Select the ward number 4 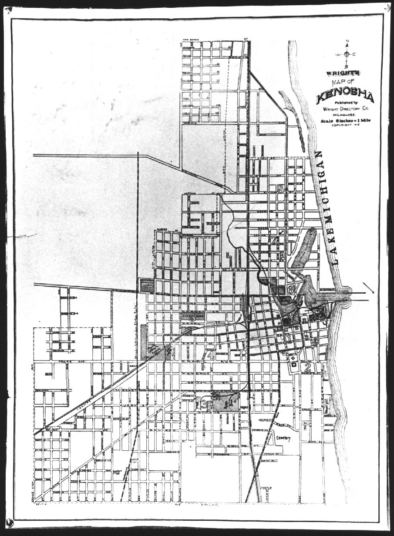tap(211, 355)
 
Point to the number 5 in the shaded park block tap(192, 318)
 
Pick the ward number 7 tap(275, 240)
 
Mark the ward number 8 tap(280, 189)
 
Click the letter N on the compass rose tap(347, 42)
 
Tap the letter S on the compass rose tap(347, 67)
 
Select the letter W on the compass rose tap(337, 54)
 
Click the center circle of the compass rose tap(347, 54)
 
